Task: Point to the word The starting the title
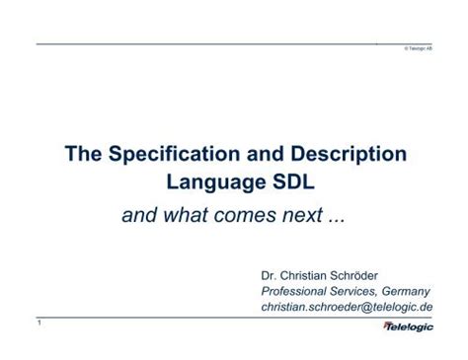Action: coord(84,155)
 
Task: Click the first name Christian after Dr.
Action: coord(310,275)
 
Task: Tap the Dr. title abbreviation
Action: coord(271,275)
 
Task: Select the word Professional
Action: coord(294,292)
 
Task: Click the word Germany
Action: coord(403,292)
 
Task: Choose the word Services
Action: coord(353,292)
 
